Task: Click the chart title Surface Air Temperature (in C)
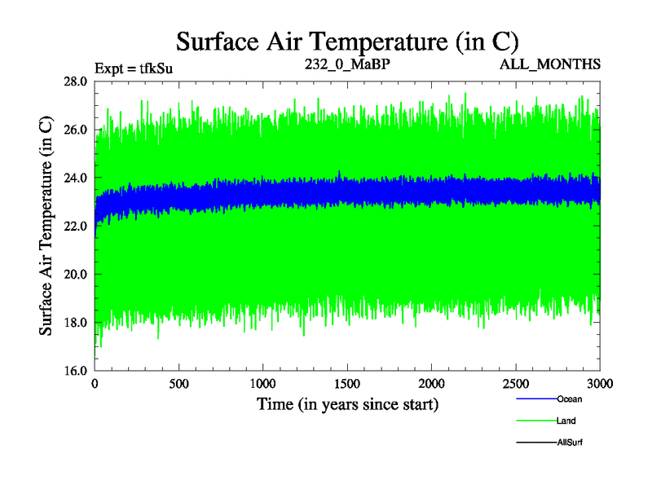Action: pyautogui.click(x=348, y=42)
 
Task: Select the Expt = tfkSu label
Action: pyautogui.click(x=134, y=68)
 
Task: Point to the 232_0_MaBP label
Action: pyautogui.click(x=348, y=63)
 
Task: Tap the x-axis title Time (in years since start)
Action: pyautogui.click(x=348, y=403)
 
